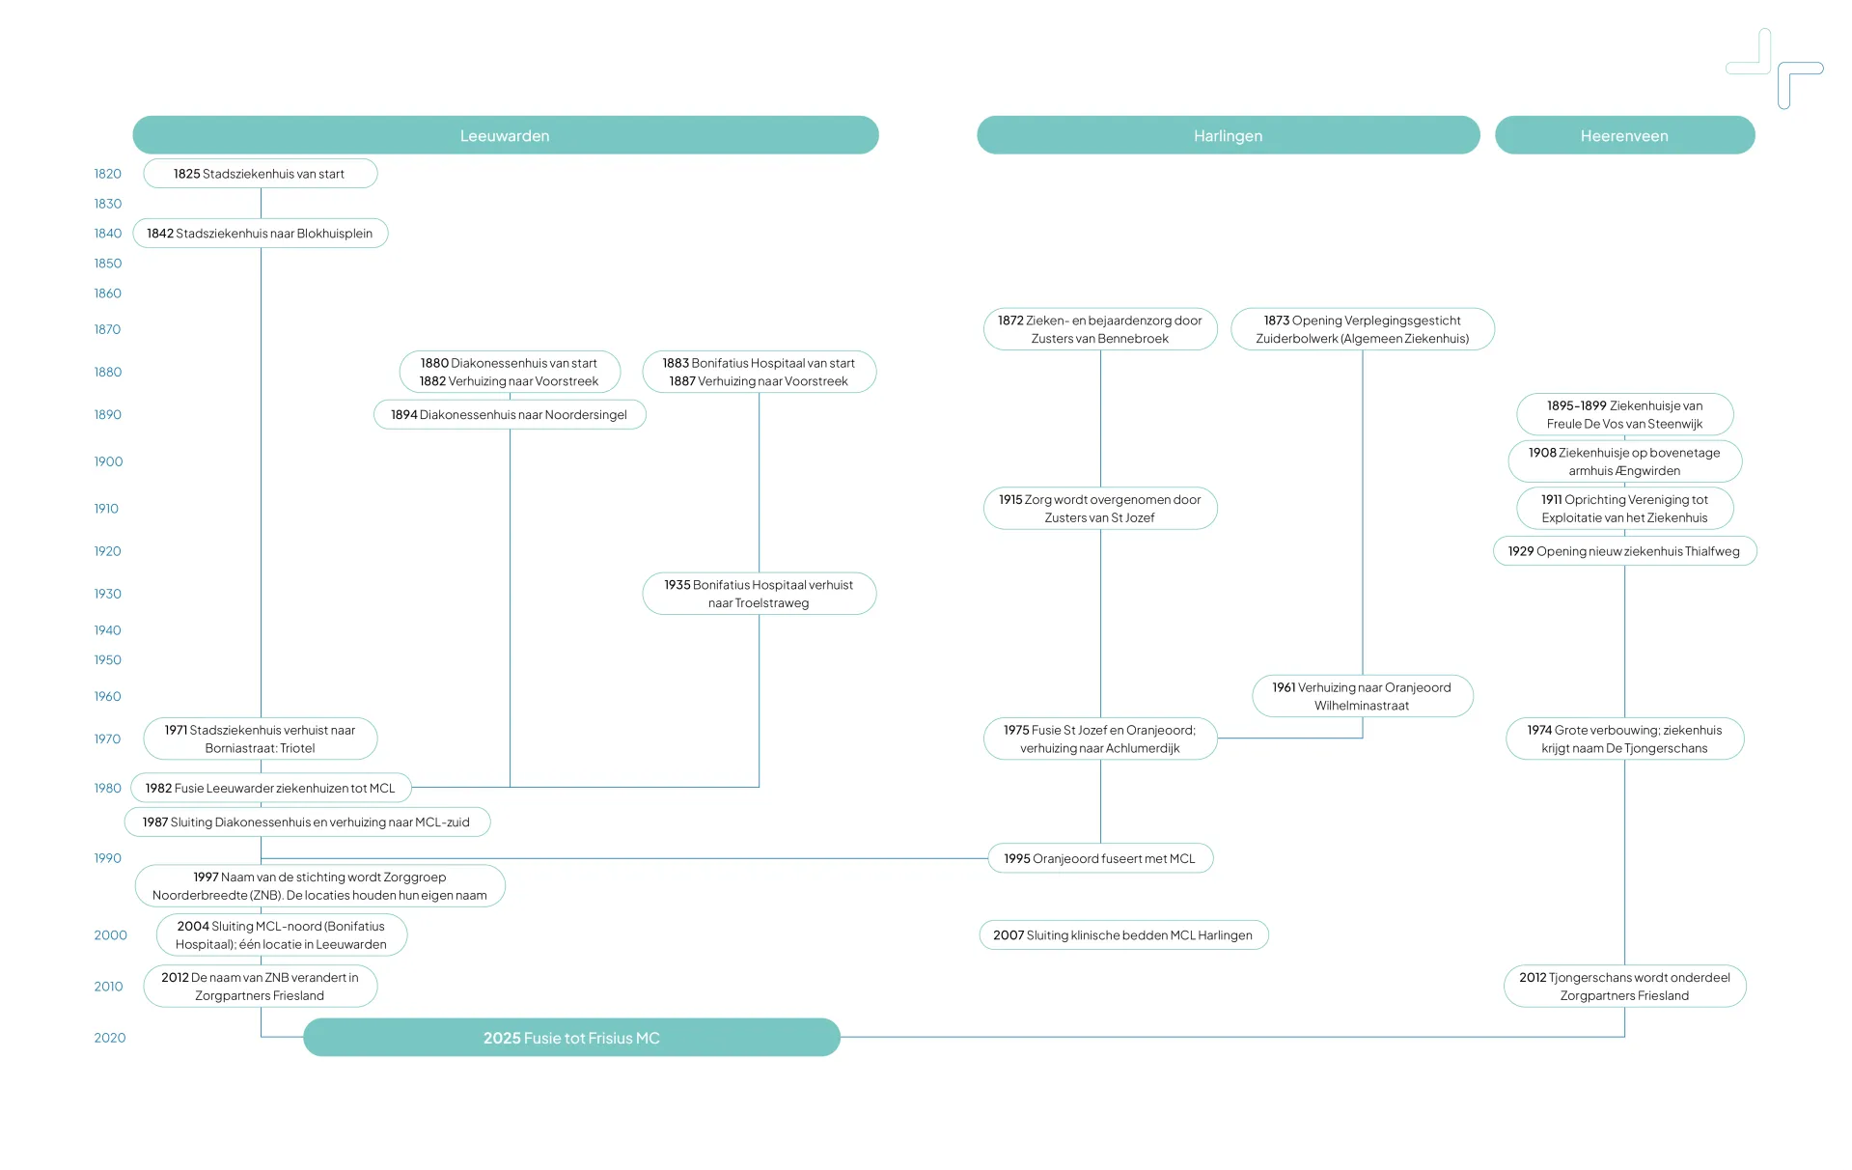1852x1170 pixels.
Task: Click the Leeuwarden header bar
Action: click(505, 135)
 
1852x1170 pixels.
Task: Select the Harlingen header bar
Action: click(1228, 135)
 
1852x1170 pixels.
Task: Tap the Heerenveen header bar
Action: click(1624, 135)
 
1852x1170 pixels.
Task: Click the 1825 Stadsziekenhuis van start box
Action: click(260, 174)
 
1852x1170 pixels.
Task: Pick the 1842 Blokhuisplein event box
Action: click(260, 234)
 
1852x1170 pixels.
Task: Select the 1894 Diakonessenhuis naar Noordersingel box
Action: click(510, 415)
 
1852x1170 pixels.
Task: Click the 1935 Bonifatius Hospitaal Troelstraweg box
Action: click(759, 594)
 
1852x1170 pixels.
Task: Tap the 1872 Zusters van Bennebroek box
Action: click(1100, 329)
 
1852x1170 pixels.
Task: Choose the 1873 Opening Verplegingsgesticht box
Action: click(1363, 329)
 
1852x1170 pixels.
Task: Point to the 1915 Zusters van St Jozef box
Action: click(1100, 509)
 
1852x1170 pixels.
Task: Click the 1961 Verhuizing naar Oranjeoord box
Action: click(1362, 696)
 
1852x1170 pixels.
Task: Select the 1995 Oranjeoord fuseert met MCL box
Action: click(1100, 858)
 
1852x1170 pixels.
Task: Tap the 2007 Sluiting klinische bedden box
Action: click(1123, 935)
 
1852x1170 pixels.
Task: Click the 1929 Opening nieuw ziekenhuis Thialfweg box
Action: click(1624, 551)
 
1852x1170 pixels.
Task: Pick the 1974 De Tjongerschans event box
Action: click(1624, 739)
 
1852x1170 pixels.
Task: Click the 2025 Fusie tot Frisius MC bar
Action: click(571, 1038)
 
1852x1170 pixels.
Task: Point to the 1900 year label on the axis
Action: click(108, 461)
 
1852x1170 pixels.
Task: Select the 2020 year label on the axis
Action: click(110, 1038)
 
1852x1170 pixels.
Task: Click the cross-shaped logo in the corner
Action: click(1774, 68)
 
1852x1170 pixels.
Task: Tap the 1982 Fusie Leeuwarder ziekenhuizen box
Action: click(270, 789)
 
